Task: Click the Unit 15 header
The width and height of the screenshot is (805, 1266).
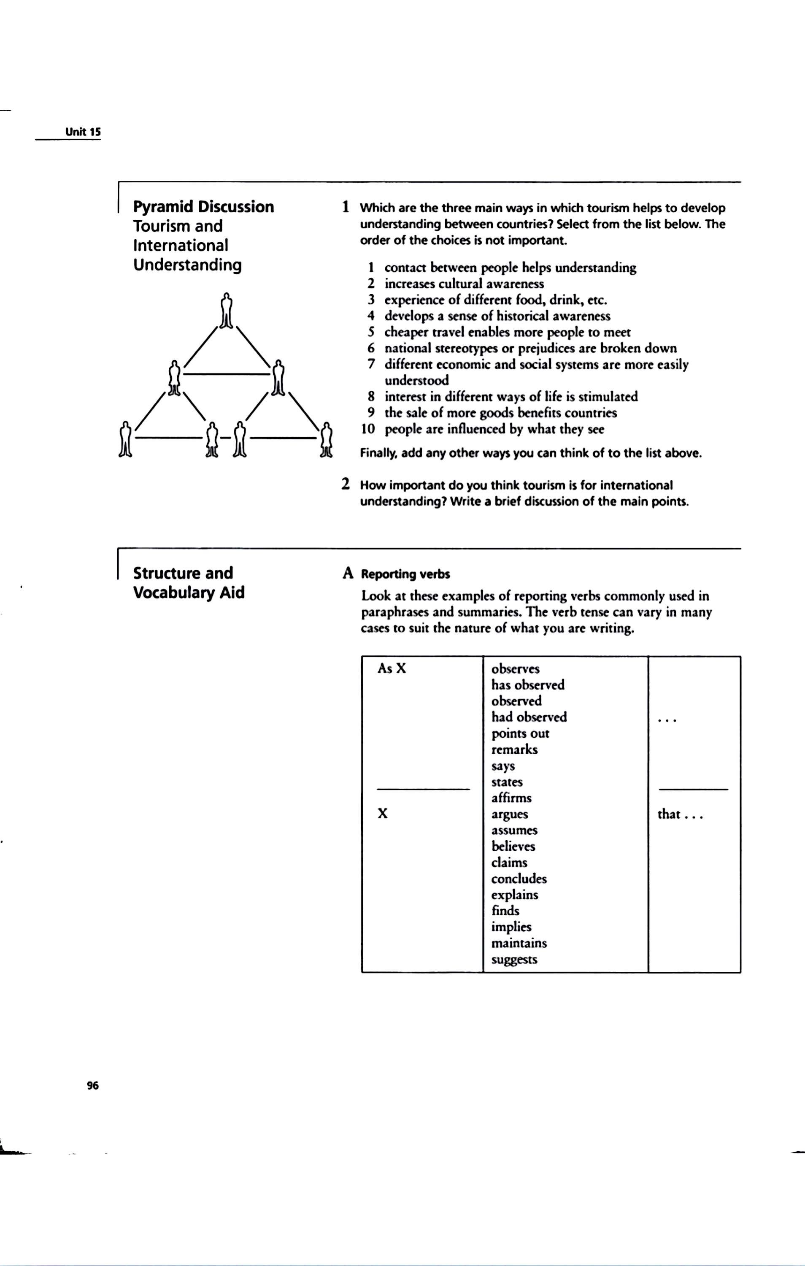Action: [83, 132]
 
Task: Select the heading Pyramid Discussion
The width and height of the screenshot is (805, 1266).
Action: [203, 207]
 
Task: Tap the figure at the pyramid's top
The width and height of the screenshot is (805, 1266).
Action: [226, 311]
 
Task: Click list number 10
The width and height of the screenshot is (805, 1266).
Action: [368, 429]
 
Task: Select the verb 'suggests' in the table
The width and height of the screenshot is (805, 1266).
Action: [514, 959]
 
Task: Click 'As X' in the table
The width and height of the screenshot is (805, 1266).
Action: [392, 668]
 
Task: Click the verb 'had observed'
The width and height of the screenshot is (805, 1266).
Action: [529, 717]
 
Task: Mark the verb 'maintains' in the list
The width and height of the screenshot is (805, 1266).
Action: [519, 943]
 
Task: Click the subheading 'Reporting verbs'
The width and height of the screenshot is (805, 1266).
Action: [405, 574]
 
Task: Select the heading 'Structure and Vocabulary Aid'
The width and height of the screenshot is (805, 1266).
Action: [188, 582]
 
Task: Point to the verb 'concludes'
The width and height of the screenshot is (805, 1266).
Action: [519, 879]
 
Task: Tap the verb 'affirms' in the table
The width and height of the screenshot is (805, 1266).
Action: [511, 798]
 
